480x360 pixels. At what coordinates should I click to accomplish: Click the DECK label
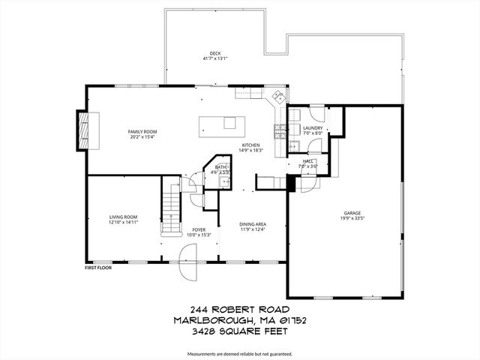click(x=214, y=53)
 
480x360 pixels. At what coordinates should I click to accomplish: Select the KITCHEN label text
click(x=250, y=145)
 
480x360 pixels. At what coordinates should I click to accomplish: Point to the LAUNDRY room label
click(x=313, y=128)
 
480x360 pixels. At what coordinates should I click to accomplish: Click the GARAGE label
click(x=352, y=212)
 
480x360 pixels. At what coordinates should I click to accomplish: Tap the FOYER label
click(x=199, y=230)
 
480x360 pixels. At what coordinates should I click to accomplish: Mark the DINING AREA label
click(x=252, y=224)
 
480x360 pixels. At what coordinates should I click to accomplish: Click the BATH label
click(x=220, y=167)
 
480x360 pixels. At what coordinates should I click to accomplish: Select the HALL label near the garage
click(x=307, y=160)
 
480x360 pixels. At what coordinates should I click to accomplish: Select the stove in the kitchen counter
click(x=278, y=133)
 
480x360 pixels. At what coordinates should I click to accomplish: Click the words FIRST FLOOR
click(x=97, y=267)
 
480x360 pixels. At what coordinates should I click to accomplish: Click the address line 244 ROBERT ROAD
click(x=240, y=309)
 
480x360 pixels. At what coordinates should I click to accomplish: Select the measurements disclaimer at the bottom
click(x=240, y=352)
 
